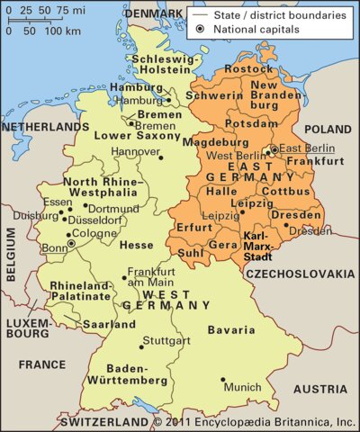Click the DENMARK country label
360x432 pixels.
pos(153,15)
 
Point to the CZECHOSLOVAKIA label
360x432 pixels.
pos(302,272)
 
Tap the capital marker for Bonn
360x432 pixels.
pos(71,243)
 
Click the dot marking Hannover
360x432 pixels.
pos(161,157)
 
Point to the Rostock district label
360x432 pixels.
pos(248,68)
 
